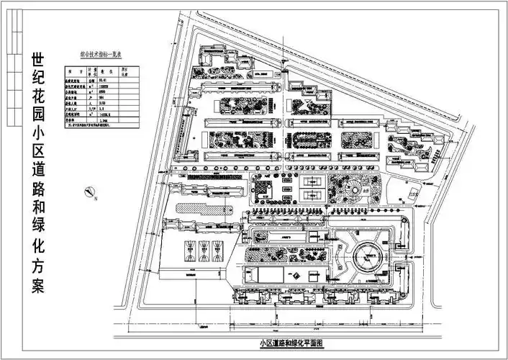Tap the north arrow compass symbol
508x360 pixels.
(x=89, y=192)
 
